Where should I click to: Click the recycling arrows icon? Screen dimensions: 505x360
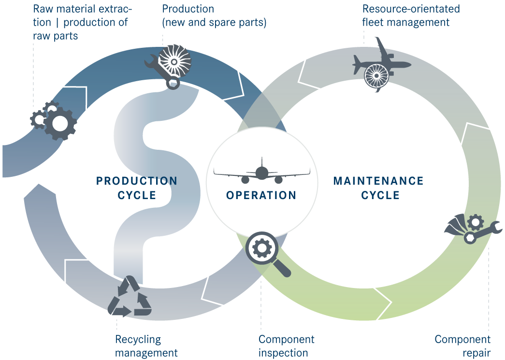(130, 296)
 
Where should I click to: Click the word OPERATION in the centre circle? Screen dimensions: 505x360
(261, 195)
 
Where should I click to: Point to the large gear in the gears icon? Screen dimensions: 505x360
(60, 124)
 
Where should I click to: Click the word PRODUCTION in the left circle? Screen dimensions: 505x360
(137, 181)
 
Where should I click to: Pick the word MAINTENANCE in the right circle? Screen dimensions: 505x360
(378, 181)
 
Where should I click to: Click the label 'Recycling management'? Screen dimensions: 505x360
(146, 346)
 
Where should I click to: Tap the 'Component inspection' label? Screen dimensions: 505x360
(286, 346)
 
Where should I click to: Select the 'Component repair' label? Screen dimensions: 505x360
(462, 346)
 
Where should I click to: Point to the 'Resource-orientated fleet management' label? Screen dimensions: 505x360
(411, 15)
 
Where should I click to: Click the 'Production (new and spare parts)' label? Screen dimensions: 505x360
(214, 15)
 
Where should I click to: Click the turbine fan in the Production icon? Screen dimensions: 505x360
(175, 61)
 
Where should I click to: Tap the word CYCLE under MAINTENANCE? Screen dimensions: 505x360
(380, 195)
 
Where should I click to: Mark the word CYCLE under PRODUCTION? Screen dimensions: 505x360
(137, 195)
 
